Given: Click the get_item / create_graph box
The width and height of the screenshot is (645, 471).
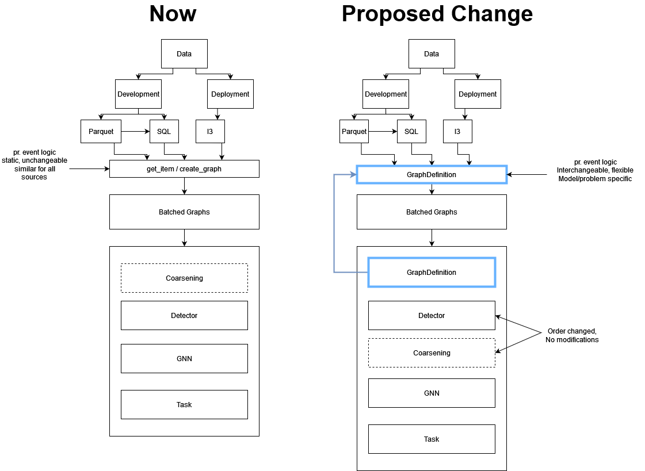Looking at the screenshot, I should click(184, 169).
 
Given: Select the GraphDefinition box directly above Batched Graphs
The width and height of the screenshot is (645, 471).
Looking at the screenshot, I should click(432, 175).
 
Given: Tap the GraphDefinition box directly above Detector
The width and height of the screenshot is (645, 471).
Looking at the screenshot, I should click(432, 273).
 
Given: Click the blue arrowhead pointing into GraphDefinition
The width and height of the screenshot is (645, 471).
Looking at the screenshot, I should click(353, 175).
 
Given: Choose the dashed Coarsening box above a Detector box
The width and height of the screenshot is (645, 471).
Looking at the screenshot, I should click(184, 278).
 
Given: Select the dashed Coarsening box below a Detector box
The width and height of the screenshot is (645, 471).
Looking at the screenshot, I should click(432, 353).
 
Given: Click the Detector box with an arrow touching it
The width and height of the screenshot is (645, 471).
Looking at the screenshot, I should click(432, 316).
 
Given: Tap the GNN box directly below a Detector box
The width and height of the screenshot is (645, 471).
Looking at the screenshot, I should click(184, 359).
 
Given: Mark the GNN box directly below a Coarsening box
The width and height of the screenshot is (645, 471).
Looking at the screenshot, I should click(432, 393).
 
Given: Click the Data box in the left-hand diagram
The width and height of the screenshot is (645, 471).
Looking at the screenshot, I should click(184, 54).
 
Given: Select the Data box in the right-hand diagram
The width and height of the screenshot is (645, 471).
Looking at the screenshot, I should click(432, 54).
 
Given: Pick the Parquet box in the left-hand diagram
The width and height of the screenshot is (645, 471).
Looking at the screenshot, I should click(101, 132).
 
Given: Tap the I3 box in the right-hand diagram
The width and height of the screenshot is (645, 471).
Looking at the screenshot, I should click(457, 132).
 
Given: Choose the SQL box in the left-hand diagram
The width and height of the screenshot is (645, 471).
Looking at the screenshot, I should click(164, 132).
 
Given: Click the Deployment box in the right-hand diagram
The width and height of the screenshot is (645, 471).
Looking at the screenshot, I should click(478, 94).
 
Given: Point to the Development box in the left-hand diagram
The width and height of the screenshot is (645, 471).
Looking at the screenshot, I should click(138, 94).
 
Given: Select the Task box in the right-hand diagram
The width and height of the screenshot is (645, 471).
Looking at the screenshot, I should click(432, 439).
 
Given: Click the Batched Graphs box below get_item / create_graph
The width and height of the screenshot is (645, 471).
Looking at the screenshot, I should click(184, 212).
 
